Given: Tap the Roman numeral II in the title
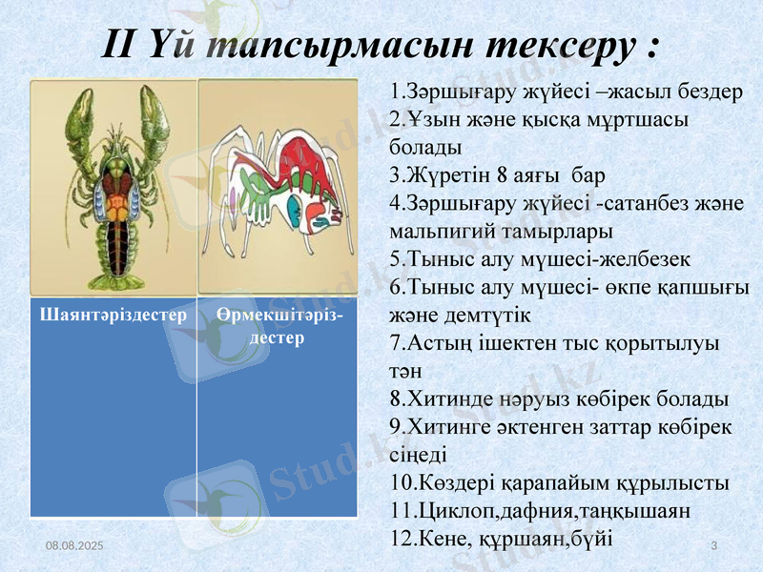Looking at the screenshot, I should (x=122, y=44).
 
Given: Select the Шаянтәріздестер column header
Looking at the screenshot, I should (x=113, y=315).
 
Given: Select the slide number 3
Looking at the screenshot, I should (x=713, y=543).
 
